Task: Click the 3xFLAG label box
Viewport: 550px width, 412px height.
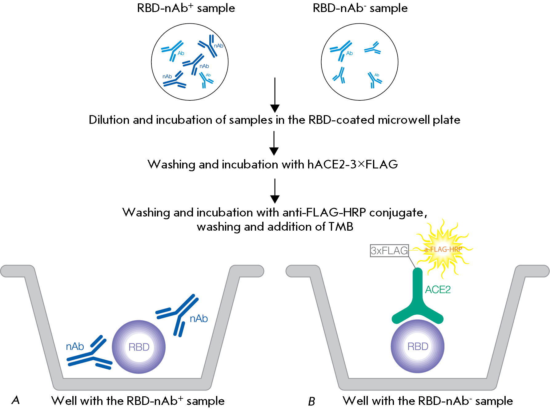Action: tap(389, 251)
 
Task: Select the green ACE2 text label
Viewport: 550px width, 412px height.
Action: tap(438, 290)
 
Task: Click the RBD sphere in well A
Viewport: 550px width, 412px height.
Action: tap(139, 347)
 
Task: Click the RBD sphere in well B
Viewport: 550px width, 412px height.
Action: tap(418, 346)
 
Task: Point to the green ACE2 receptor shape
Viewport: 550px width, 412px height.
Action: tap(417, 299)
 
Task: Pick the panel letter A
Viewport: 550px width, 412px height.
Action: tap(16, 400)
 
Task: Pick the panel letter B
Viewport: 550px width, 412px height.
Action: tap(311, 402)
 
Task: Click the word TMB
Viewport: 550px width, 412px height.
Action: tap(341, 227)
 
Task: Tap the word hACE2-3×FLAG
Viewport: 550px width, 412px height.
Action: tap(352, 164)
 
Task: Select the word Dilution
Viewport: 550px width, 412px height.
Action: tap(109, 120)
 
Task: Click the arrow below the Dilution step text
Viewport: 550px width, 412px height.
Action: tap(274, 143)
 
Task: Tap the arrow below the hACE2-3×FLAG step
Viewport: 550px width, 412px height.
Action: tap(275, 191)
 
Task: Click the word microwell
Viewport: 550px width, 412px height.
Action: tap(404, 120)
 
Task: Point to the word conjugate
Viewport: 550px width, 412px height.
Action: tap(398, 212)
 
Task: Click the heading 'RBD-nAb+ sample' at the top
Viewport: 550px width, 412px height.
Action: tap(186, 8)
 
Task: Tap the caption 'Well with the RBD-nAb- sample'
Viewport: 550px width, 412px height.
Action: tap(428, 401)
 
